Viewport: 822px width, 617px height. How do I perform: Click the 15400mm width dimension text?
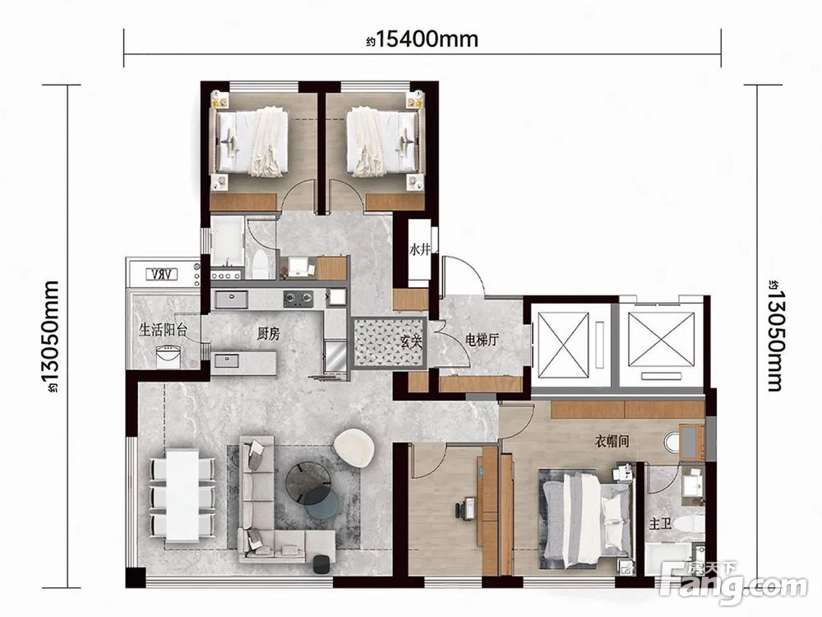click(x=423, y=39)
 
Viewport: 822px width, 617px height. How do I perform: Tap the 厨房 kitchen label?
click(x=269, y=334)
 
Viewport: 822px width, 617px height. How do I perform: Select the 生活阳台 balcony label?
click(x=163, y=330)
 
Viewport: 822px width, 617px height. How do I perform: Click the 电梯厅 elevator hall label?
click(x=482, y=340)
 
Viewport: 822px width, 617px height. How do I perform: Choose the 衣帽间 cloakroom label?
click(x=612, y=441)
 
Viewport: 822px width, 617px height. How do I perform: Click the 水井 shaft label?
click(x=419, y=250)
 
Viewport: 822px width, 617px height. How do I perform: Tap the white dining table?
click(x=182, y=495)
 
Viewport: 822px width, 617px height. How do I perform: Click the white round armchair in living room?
click(x=353, y=447)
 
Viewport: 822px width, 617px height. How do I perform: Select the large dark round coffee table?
click(x=307, y=481)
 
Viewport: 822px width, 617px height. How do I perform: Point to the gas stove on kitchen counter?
click(x=298, y=299)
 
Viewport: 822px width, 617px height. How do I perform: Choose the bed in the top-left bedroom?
click(x=249, y=141)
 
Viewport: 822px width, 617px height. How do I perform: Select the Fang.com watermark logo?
click(x=734, y=583)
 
